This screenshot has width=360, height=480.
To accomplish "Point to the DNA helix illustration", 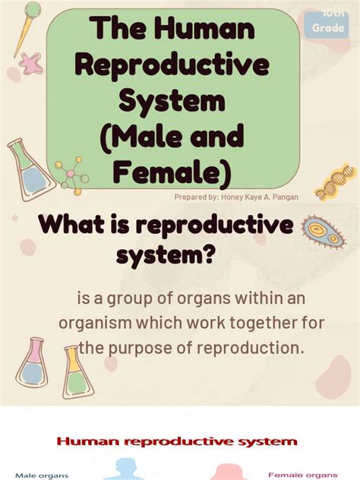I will point(336,183).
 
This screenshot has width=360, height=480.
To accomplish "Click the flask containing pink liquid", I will point(32,362).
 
